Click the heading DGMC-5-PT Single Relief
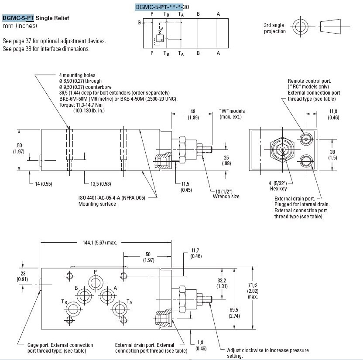coord(36,18)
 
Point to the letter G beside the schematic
coord(139,22)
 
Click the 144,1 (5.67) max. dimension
coord(99,243)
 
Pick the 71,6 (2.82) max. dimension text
coord(253,291)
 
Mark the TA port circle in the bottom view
coord(119,310)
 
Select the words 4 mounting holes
coord(77,75)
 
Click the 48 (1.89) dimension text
coord(193,114)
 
